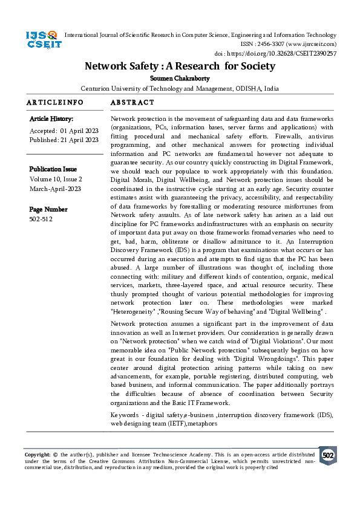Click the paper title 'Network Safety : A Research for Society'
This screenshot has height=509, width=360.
click(x=180, y=66)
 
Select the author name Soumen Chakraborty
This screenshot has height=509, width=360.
click(x=180, y=78)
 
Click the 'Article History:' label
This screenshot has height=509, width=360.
click(x=51, y=119)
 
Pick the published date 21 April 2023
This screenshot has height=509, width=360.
click(x=80, y=140)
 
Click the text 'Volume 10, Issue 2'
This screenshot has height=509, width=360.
click(x=56, y=180)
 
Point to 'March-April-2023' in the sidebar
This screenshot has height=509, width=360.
click(x=54, y=189)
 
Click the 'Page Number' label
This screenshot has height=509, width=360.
click(x=48, y=209)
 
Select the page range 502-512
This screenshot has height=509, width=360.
click(x=41, y=219)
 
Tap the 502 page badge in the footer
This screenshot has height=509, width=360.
click(x=327, y=455)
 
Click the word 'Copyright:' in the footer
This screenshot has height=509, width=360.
click(x=38, y=454)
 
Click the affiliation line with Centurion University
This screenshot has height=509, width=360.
click(x=180, y=88)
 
